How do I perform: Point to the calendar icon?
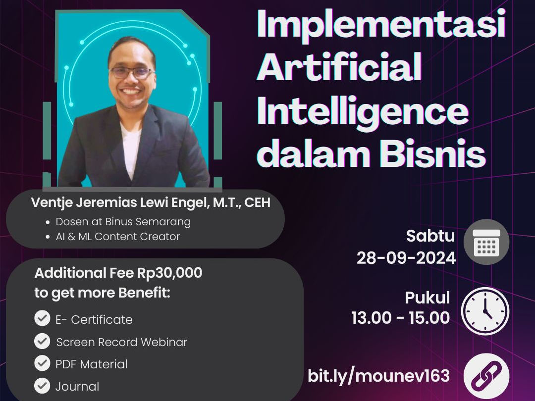point(486,243)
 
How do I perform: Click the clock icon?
point(485,311)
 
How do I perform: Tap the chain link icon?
point(486,377)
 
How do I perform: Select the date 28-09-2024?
point(406,258)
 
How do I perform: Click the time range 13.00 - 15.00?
point(401,318)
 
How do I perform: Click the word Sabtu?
point(430,236)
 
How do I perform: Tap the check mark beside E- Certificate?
point(42,318)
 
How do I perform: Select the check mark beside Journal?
point(42,386)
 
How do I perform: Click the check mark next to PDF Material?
point(42,363)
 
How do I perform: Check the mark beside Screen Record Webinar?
point(42,341)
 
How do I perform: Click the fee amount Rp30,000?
point(170,273)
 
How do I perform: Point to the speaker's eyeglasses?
point(131,72)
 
